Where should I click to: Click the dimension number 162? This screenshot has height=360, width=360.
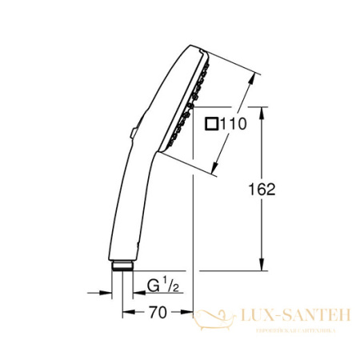point(260,189)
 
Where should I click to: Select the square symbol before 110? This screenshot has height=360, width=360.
point(212,123)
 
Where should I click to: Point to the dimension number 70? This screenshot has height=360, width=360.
point(157,312)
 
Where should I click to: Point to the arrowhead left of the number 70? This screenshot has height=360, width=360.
point(127,312)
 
